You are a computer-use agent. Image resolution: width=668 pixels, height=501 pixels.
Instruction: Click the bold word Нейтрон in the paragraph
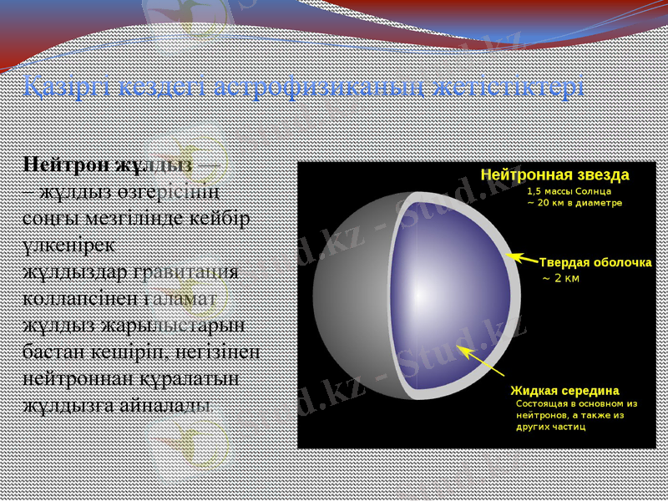pyautogui.click(x=67, y=163)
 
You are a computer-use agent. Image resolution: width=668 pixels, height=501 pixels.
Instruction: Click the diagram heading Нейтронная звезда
pyautogui.click(x=554, y=175)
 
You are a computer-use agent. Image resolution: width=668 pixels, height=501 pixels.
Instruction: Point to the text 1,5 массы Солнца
pyautogui.click(x=569, y=190)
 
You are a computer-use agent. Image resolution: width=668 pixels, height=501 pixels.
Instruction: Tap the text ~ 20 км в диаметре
pyautogui.click(x=574, y=203)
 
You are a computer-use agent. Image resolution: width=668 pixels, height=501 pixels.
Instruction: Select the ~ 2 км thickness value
pyautogui.click(x=560, y=278)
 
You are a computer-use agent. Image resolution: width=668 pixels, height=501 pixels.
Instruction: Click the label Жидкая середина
pyautogui.click(x=564, y=390)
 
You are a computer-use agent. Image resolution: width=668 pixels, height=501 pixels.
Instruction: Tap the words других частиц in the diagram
pyautogui.click(x=550, y=426)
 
